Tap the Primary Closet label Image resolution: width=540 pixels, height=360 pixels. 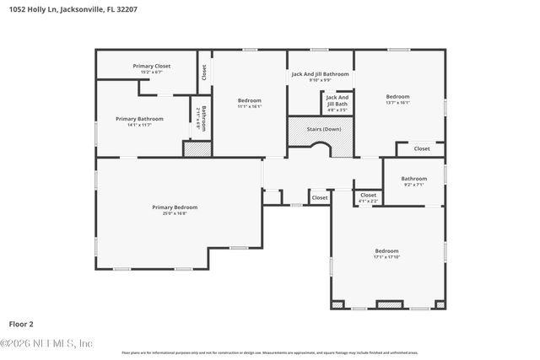151,66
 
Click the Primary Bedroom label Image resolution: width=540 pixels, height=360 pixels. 175,207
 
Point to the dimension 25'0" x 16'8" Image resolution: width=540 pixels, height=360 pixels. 175,213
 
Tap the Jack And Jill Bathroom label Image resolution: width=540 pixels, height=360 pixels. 320,74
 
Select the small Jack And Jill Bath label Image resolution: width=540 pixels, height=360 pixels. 337,100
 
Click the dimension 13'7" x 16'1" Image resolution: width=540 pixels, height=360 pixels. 397,103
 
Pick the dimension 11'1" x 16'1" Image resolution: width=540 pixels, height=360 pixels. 249,106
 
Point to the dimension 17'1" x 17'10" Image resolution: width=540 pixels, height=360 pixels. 386,257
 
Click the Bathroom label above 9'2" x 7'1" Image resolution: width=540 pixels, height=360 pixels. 413,178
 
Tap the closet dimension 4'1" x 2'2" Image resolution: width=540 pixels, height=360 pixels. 368,201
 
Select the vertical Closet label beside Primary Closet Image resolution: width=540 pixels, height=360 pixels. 203,73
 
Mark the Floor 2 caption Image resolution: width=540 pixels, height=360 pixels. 21,323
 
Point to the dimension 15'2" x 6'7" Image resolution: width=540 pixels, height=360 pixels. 151,72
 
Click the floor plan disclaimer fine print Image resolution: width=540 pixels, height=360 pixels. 269,352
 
